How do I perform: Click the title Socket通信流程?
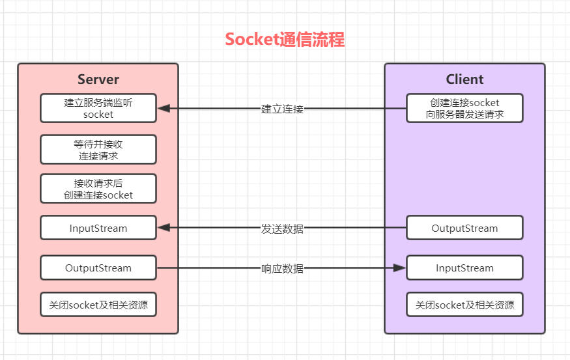tap(285, 40)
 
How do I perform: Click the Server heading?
tap(98, 79)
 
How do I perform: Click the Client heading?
tap(464, 79)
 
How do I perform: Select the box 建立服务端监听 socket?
tap(98, 108)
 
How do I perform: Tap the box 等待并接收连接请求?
tap(98, 150)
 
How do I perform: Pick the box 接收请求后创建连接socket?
tap(98, 189)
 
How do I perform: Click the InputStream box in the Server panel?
tap(98, 228)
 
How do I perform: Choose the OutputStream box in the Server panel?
tap(98, 268)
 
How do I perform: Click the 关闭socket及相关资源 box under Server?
tap(98, 304)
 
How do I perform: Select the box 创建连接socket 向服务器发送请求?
tap(464, 108)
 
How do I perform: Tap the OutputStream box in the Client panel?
tap(464, 228)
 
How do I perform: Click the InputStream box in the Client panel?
tap(464, 268)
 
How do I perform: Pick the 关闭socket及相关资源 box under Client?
tap(464, 304)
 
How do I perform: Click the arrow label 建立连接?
tap(282, 109)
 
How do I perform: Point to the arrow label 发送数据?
tap(282, 228)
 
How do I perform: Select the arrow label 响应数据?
tap(282, 268)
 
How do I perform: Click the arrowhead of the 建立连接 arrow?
tap(164, 108)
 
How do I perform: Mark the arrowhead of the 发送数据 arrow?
tap(164, 228)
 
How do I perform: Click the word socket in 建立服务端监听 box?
tap(98, 115)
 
